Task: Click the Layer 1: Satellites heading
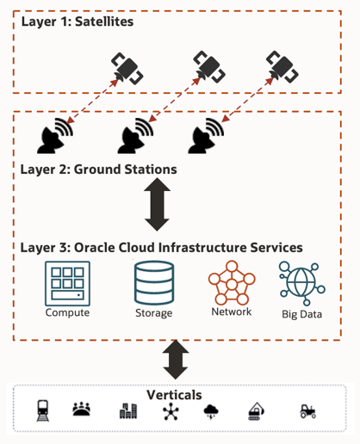(78, 20)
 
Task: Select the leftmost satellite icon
(126, 68)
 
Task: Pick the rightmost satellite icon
(281, 62)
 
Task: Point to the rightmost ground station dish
(206, 134)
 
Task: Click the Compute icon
(67, 282)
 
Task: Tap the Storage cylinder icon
(154, 282)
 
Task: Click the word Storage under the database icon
(154, 313)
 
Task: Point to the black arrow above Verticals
(176, 359)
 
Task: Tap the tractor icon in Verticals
(307, 411)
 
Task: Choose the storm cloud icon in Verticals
(212, 412)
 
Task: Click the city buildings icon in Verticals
(128, 411)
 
